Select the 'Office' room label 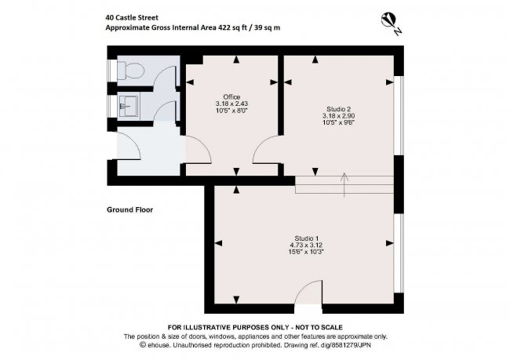(x=231, y=96)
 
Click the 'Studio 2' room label (x=338, y=108)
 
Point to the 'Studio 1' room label (x=306, y=238)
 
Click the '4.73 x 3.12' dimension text (x=306, y=245)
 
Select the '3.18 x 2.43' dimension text (x=231, y=104)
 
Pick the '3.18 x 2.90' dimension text (x=338, y=115)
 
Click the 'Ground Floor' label (x=129, y=210)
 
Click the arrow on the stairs (x=343, y=184)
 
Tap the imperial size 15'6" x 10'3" (x=306, y=252)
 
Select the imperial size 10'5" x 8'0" (x=231, y=111)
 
